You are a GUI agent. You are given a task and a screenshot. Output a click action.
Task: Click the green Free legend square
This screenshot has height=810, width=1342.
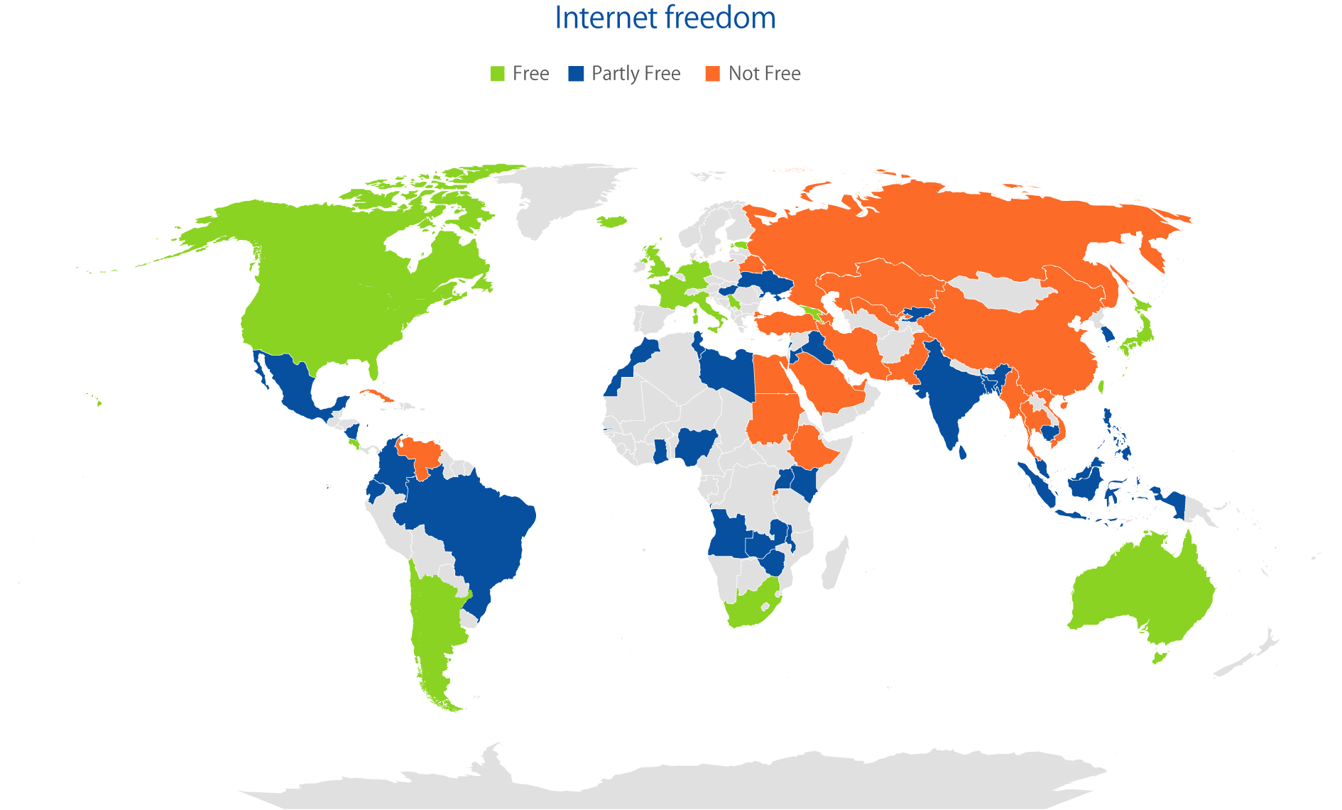pyautogui.click(x=497, y=74)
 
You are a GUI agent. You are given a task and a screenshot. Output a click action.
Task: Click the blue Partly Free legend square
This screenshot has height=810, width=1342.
pyautogui.click(x=576, y=74)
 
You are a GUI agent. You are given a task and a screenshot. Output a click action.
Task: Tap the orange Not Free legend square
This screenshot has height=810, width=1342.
pyautogui.click(x=712, y=74)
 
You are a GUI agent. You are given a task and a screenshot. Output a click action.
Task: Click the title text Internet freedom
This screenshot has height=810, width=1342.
pyautogui.click(x=665, y=17)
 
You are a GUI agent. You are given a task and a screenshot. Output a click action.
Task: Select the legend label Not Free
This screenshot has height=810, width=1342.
pyautogui.click(x=764, y=74)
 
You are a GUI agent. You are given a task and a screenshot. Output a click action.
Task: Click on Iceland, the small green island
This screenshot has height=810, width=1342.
pyautogui.click(x=611, y=221)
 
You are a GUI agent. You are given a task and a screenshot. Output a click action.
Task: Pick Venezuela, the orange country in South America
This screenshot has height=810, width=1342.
pyautogui.click(x=422, y=454)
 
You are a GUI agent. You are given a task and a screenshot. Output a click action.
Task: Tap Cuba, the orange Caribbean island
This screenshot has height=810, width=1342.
pyautogui.click(x=376, y=395)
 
